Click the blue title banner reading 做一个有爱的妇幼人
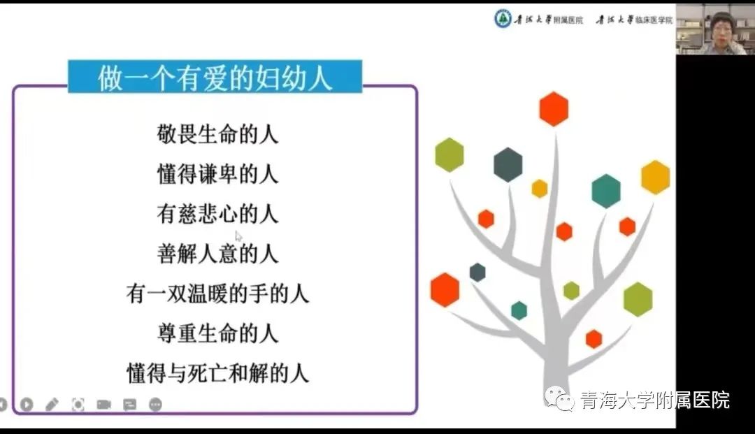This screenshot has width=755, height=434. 215,76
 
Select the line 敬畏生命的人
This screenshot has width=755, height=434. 217,134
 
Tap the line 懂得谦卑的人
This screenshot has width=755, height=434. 217,174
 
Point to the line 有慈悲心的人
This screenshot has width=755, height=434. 217,214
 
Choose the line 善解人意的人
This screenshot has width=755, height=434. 217,254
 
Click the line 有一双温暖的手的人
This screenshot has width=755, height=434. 217,294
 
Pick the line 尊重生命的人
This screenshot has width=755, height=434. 217,333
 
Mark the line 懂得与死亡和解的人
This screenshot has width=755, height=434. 217,373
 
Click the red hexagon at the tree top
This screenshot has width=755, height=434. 554,109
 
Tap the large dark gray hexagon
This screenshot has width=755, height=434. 508,165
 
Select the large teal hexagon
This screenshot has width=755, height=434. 605,191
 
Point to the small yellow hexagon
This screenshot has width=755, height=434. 539,189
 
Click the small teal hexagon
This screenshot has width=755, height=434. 519,311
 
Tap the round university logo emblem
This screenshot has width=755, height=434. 503,20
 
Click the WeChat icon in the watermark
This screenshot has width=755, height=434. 559,399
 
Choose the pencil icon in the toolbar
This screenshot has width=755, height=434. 52,405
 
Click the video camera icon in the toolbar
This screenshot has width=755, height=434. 103,405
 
